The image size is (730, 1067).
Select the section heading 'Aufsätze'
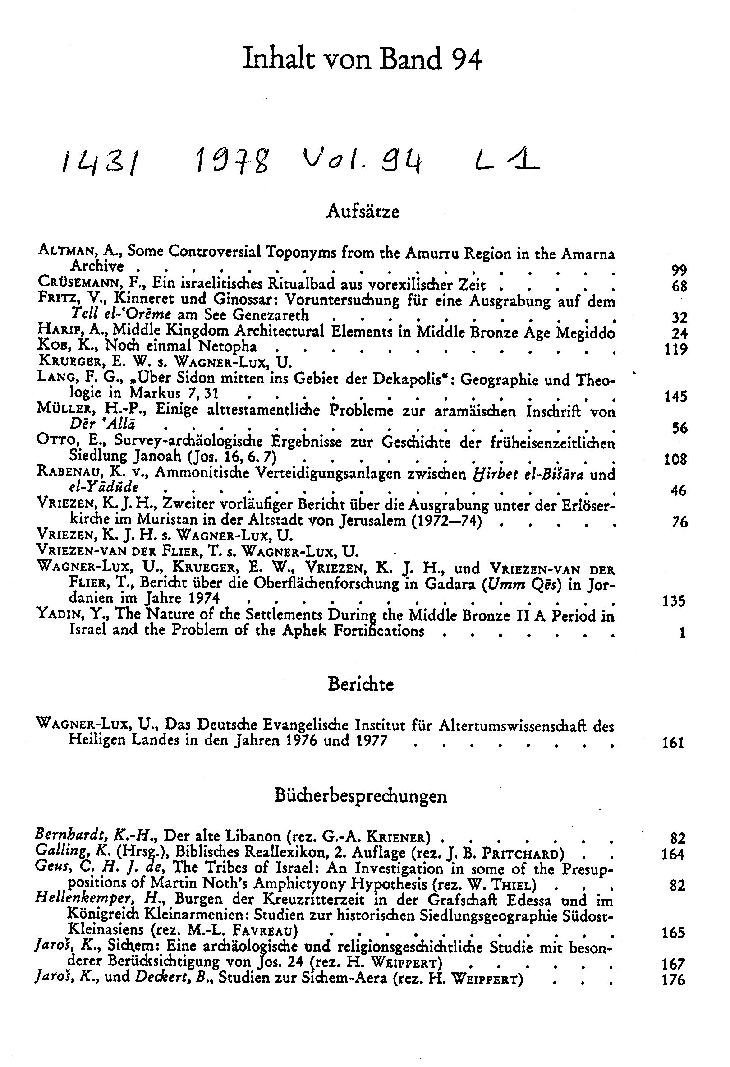pos(363,211)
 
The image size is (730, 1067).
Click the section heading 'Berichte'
pos(361,684)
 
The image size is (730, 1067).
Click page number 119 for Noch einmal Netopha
pos(675,349)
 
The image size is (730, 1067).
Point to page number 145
pos(675,396)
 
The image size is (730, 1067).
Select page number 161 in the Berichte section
pos(673,743)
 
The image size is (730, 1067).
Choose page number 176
pos(674,980)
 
